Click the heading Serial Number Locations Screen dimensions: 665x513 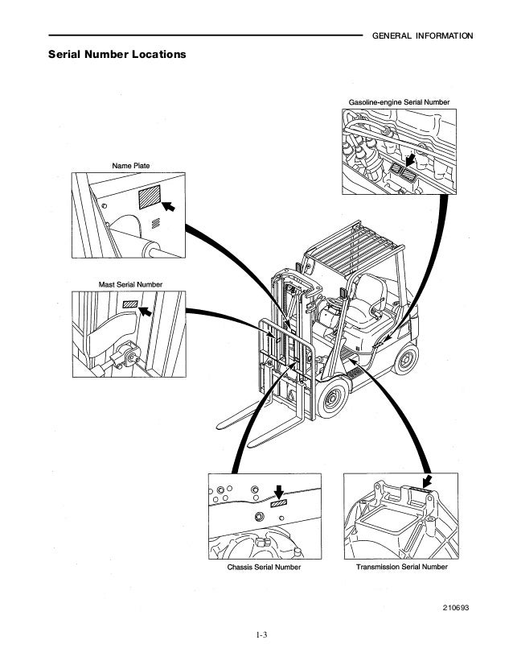(117, 56)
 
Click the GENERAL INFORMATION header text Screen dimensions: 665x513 (423, 36)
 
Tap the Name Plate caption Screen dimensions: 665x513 (130, 166)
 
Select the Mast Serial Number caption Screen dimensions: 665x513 (130, 285)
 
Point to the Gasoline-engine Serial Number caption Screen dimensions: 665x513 (399, 102)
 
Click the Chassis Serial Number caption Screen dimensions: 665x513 (264, 567)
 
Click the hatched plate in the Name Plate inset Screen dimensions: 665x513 (149, 197)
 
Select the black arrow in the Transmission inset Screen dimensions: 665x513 (426, 481)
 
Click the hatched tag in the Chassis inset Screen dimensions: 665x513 (279, 503)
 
